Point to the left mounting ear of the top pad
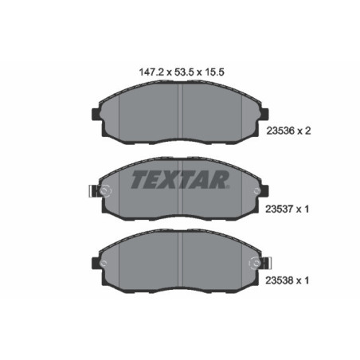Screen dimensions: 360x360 pos(97,118)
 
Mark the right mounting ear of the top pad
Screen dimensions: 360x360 pos(264,118)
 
